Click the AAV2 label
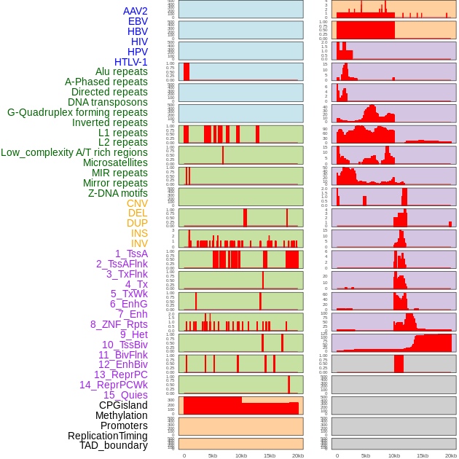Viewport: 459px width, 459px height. (x=136, y=11)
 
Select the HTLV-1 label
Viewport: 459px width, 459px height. (x=131, y=62)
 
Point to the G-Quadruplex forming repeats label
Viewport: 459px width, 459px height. (x=77, y=112)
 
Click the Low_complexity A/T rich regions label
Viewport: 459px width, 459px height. (x=74, y=152)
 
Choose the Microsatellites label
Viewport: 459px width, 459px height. (x=115, y=162)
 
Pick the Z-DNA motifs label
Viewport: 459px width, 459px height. (x=118, y=193)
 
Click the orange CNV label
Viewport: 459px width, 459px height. (x=137, y=203)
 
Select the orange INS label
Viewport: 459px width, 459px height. (x=139, y=233)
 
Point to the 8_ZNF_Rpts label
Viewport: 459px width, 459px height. (x=119, y=324)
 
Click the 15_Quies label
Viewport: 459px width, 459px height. (x=125, y=395)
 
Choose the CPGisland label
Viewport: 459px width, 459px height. (x=123, y=405)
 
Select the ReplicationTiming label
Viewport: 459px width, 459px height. (x=107, y=436)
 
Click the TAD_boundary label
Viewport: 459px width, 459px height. (x=114, y=445)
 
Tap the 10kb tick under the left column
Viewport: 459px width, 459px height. (x=241, y=455)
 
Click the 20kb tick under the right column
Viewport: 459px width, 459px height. (x=451, y=455)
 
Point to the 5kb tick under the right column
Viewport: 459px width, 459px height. (x=366, y=455)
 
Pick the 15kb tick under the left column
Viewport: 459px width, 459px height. (x=270, y=455)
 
